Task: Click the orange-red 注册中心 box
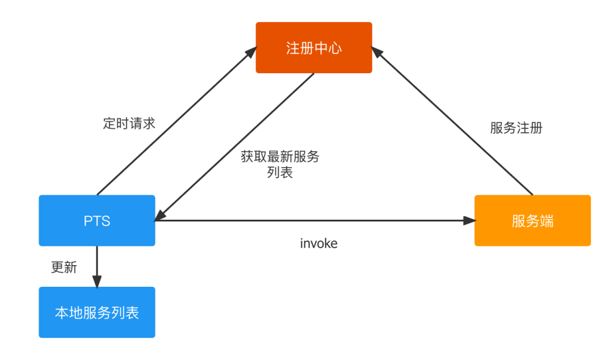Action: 314,48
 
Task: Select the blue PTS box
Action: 97,221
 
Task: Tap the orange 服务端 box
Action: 532,221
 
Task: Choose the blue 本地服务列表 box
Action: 97,313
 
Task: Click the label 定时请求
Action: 129,123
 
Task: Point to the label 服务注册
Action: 516,128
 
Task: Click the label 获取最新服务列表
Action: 280,164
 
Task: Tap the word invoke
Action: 318,244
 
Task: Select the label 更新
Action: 64,267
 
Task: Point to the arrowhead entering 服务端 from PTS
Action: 469,221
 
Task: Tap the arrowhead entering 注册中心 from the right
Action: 377,52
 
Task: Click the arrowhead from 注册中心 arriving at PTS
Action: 161,215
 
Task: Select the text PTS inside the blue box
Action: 97,221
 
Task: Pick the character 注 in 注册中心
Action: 293,48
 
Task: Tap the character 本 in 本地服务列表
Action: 62,313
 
